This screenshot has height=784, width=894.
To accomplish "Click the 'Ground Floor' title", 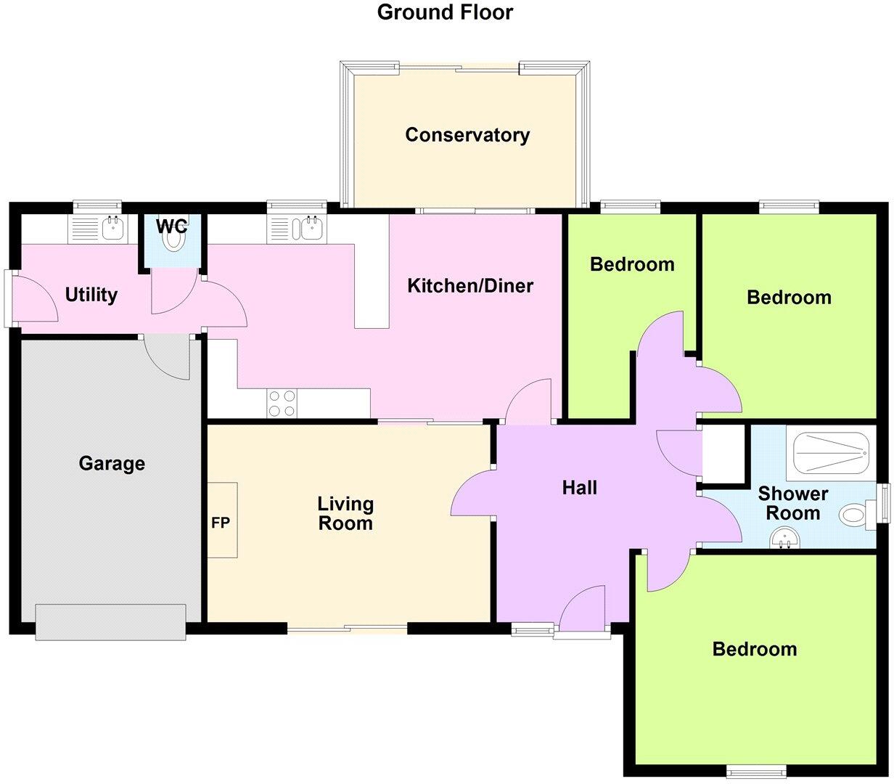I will [445, 12].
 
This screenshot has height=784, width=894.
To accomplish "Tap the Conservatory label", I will [467, 135].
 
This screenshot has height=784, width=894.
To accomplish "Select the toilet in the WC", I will [173, 235].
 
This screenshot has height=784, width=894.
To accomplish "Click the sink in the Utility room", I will [112, 229].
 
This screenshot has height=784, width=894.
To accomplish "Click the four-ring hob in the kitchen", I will [282, 404].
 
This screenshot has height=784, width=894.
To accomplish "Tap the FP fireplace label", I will [221, 522].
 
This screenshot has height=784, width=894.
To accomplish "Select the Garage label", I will [112, 463].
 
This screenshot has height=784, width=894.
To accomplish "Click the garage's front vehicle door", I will [110, 622].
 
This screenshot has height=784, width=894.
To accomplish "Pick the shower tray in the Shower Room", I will [831, 453].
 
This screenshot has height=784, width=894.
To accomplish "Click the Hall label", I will [580, 488].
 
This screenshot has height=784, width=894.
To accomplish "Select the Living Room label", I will [345, 513].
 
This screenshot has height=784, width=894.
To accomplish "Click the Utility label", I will [91, 295].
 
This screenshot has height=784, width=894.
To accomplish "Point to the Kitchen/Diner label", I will [470, 286].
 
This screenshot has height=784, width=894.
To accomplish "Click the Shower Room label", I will [793, 503].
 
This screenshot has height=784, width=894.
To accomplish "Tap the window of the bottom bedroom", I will [755, 770].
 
